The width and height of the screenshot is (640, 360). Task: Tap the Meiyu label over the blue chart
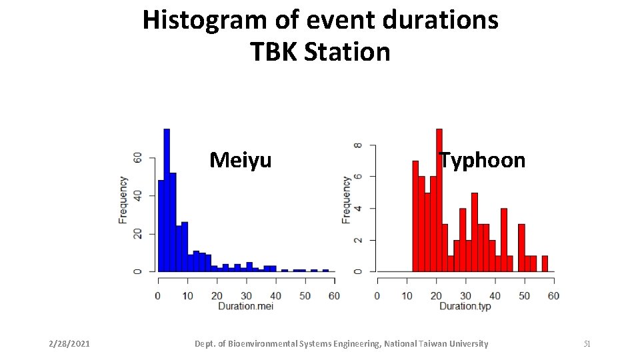(x=240, y=160)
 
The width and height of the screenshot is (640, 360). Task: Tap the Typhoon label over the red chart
(x=482, y=160)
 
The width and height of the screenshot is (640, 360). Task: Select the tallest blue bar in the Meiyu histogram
(x=167, y=200)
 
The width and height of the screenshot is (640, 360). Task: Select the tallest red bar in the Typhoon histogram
(x=439, y=200)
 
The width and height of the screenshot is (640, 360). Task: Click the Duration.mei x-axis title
(x=245, y=306)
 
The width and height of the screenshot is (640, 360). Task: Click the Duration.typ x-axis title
(x=465, y=306)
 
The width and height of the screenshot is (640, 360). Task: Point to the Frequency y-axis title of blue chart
(x=123, y=199)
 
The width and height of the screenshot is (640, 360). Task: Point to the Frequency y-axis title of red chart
(x=346, y=199)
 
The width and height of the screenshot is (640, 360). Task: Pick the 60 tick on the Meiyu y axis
(x=138, y=158)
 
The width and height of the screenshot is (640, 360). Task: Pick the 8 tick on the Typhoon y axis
(x=358, y=145)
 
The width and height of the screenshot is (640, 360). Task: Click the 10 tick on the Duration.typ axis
(x=407, y=295)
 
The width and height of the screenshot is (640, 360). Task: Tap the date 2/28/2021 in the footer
(x=69, y=344)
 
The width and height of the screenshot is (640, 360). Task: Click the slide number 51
(x=587, y=344)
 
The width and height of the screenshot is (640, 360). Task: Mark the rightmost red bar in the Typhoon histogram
(x=545, y=263)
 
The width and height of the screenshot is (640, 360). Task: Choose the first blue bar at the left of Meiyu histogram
(x=161, y=227)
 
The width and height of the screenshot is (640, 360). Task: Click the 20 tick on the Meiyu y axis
(x=138, y=234)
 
